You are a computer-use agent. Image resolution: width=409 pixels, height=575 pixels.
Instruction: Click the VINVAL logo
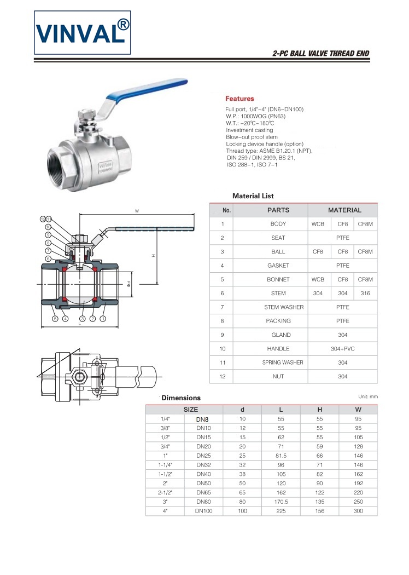point(83,32)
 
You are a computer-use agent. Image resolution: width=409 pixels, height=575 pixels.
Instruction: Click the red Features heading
point(239,99)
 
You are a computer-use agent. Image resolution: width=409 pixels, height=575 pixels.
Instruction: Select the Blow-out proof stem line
point(252,137)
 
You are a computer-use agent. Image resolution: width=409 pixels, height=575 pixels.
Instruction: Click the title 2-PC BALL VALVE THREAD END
point(321,54)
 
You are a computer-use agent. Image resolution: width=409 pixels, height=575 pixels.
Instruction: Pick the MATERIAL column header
point(344,210)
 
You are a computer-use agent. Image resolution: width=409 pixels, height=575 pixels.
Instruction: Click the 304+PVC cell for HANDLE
point(342,349)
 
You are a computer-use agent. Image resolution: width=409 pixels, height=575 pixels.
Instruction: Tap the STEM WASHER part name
point(284,307)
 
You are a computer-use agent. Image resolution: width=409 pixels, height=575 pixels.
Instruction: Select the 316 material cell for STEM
point(365,294)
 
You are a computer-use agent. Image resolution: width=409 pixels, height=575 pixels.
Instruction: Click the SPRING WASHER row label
point(283,363)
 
